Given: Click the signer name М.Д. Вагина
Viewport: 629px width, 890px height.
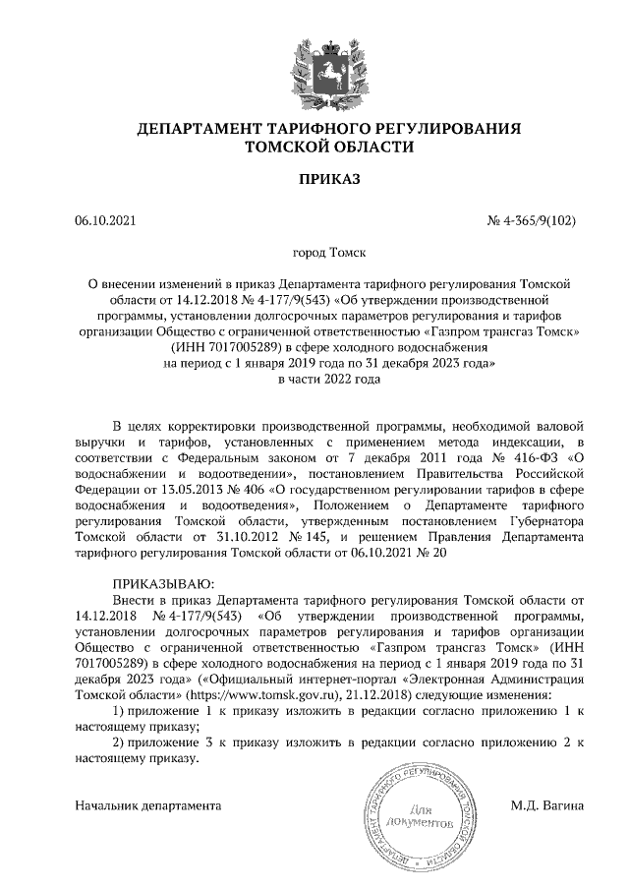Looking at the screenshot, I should [x=547, y=805].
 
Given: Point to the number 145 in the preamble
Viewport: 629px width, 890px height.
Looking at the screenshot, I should [x=321, y=538].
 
